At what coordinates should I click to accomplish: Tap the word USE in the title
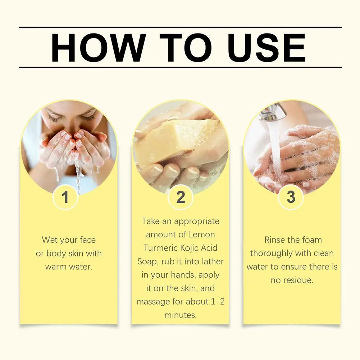pyautogui.click(x=266, y=47)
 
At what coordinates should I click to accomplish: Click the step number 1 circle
pyautogui.click(x=65, y=197)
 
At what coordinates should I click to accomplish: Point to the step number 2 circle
pyautogui.click(x=181, y=197)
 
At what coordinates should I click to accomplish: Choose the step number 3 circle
pyautogui.click(x=291, y=197)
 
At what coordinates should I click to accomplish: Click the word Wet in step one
pyautogui.click(x=50, y=240)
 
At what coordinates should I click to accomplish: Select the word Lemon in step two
pyautogui.click(x=202, y=234)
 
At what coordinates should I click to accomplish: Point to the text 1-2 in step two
pyautogui.click(x=217, y=301)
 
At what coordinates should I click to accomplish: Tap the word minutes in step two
pyautogui.click(x=181, y=315)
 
